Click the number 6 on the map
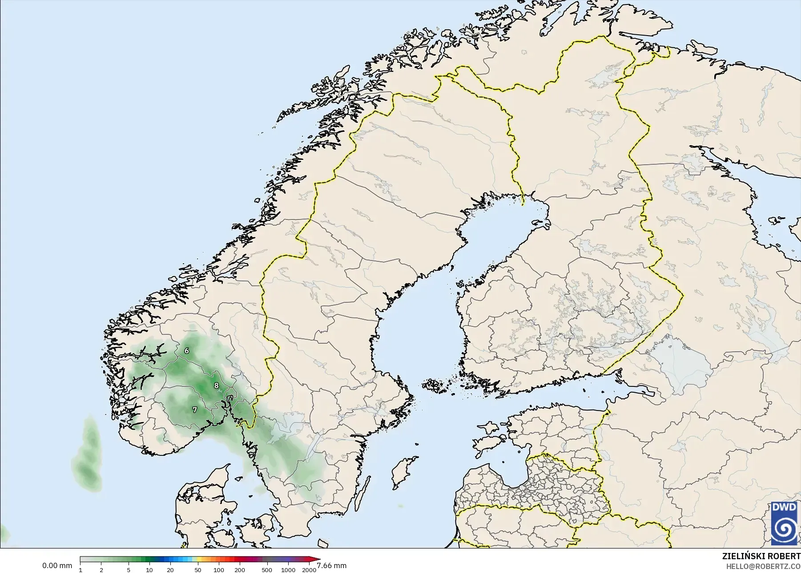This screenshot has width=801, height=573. coord(187,351)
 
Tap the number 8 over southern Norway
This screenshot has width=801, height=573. coord(217,386)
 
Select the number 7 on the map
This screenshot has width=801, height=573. coord(194,410)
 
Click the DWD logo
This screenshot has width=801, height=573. coord(785,523)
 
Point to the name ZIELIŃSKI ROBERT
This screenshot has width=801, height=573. coord(761,557)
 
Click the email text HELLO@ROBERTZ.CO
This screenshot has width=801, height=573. coord(763,566)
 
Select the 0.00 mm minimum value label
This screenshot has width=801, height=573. coord(57,566)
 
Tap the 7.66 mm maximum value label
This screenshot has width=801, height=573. coord(331,566)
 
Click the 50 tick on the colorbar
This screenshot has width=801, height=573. coord(197,570)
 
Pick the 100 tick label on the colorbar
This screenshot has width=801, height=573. coord(218,570)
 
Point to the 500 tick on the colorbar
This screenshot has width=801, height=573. coord(267,570)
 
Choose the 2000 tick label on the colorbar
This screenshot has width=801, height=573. coord(309,570)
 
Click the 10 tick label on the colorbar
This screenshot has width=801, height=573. coord(149,570)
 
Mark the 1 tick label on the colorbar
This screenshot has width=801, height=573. coord(81,570)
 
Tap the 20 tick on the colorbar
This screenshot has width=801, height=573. coord(170,570)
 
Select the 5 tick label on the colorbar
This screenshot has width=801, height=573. coord(129,570)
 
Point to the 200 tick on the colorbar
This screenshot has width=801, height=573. coord(239,570)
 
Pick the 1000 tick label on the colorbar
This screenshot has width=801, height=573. coord(288,570)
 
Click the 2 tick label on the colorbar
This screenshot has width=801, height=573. coord(101,570)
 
